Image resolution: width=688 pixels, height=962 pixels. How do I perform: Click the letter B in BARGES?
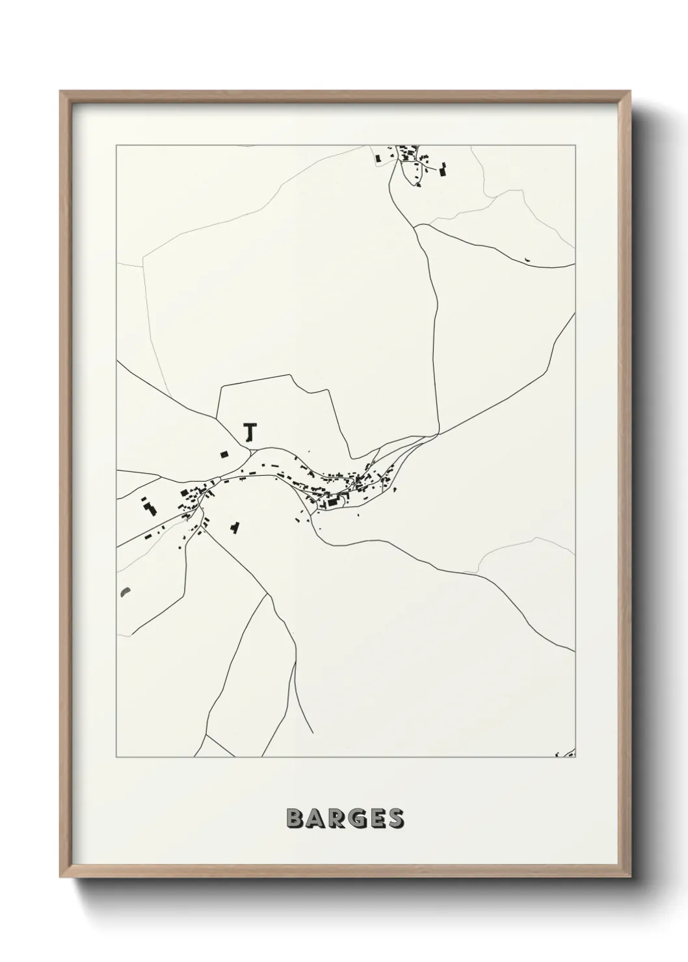294,818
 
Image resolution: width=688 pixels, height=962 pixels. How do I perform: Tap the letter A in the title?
313,818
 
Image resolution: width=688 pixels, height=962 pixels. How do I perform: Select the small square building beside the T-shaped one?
225,454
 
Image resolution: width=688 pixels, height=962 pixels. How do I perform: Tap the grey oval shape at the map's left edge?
124,592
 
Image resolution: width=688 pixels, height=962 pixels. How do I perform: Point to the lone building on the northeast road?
527,260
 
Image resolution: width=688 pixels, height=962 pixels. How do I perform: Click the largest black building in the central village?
333,502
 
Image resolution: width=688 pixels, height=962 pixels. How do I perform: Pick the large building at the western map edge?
150,507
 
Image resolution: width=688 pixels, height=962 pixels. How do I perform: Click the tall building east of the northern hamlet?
444,170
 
